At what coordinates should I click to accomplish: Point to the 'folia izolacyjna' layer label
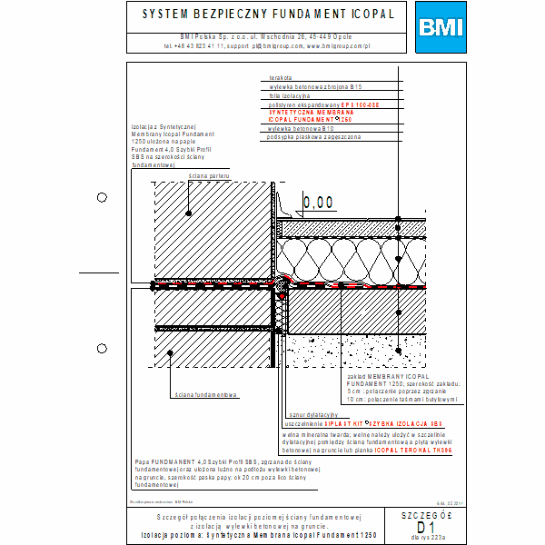point(290,94)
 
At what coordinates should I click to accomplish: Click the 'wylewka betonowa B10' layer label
point(295,129)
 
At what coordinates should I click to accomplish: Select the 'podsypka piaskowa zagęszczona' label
point(309,137)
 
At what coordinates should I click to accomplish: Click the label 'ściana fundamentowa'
point(206,395)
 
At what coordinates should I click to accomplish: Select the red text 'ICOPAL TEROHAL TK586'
point(419,450)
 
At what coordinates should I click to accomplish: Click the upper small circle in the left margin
point(102,197)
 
